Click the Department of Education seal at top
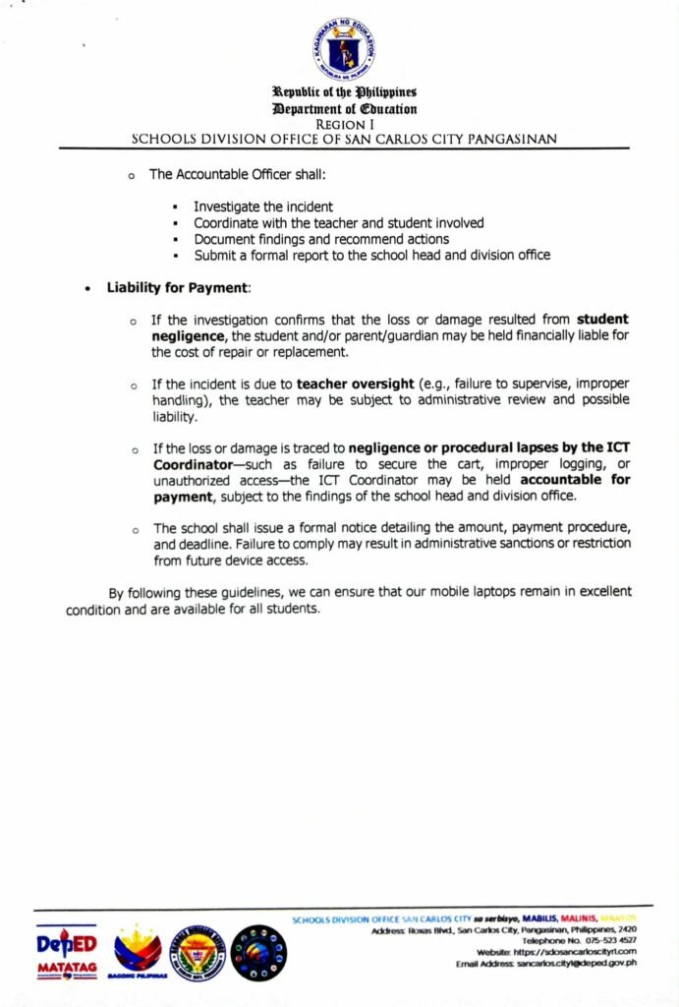coord(345,50)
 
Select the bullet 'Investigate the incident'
coord(262,207)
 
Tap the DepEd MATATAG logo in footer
coord(67,953)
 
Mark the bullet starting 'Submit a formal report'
coord(371,255)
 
